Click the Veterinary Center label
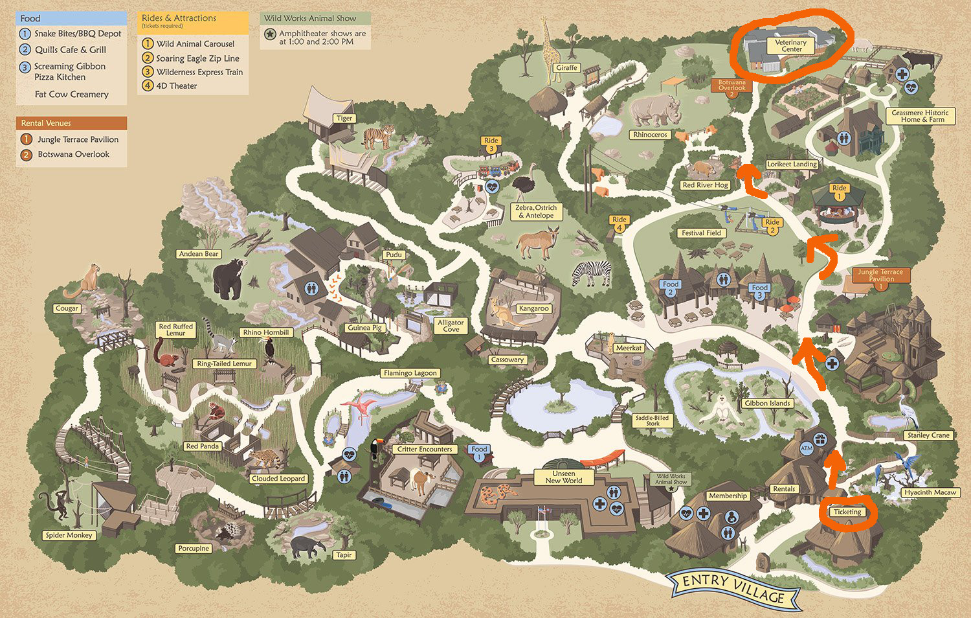[791, 45]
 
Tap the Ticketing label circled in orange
[847, 512]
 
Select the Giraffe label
[566, 67]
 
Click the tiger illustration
[378, 137]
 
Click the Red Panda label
[202, 446]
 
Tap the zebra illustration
[592, 273]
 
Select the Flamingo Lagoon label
[410, 373]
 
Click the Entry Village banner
[733, 588]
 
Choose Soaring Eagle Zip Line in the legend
[197, 58]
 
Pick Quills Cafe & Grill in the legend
[70, 50]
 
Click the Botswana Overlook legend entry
[73, 154]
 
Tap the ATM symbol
[807, 448]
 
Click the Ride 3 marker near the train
[491, 144]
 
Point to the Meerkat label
[629, 348]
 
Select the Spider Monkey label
[69, 535]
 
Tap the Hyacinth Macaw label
[930, 492]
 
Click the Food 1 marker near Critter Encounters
[479, 452]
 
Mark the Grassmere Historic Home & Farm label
[919, 116]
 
